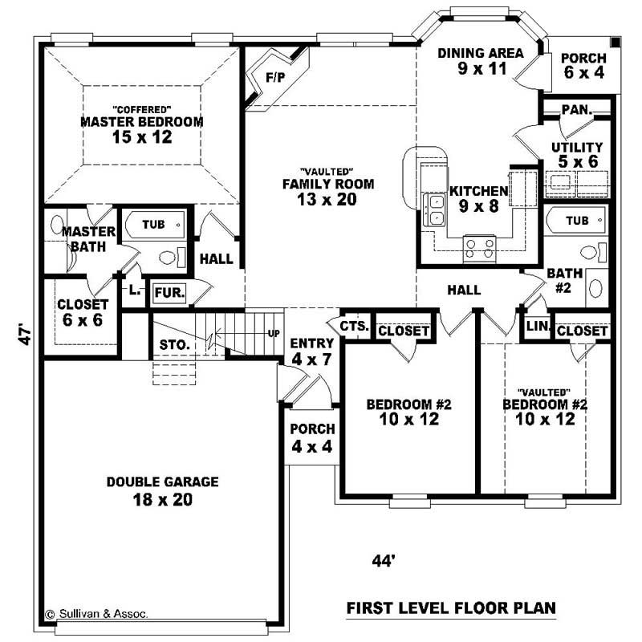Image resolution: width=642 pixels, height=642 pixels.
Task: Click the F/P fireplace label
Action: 275,77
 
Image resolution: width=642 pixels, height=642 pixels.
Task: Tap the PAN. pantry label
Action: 576,109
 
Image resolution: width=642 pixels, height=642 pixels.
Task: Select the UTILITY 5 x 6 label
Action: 576,154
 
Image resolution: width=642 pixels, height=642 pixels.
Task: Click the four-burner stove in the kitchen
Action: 480,246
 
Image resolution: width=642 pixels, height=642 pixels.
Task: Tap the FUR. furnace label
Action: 169,293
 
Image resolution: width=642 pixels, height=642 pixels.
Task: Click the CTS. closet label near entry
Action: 354,326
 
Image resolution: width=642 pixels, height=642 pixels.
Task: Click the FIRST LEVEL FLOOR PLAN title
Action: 451,608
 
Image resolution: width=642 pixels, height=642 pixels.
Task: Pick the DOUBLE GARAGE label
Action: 152,490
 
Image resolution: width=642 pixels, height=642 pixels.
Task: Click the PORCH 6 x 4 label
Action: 583,65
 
